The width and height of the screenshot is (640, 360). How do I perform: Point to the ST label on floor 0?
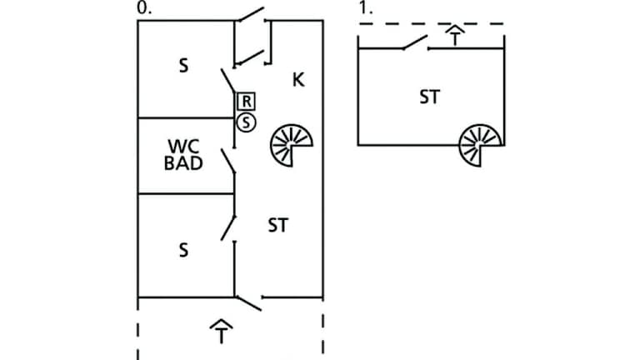point(278,225)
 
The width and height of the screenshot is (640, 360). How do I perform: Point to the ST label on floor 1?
point(429,97)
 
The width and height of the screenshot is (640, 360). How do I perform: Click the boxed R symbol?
point(247,102)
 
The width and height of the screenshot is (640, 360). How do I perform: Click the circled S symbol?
point(246,122)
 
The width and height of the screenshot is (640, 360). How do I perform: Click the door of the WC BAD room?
point(227,162)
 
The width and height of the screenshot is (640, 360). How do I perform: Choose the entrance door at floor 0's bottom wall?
point(247,301)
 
